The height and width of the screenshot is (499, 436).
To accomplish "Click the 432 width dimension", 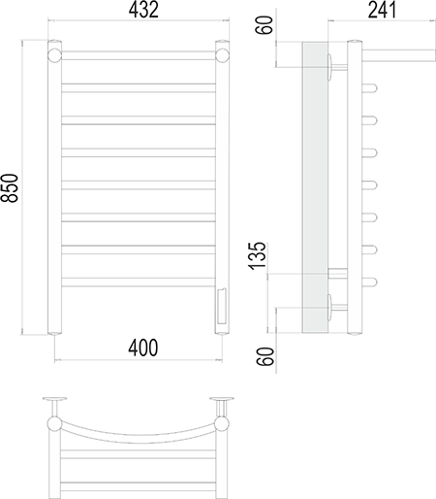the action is click(143, 10).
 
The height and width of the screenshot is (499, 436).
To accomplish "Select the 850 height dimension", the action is click(9, 188).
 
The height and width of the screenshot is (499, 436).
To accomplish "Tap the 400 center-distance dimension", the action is click(143, 348).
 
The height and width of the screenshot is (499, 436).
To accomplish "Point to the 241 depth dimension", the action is click(382, 10).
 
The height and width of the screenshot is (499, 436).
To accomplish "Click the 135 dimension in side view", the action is click(258, 255).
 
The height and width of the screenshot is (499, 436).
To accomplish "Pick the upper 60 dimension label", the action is click(265, 24).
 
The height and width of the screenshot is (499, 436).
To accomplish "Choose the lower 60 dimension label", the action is click(265, 356).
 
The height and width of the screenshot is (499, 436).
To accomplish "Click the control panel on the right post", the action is click(222, 306).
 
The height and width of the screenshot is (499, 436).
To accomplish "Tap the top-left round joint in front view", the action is click(54, 55).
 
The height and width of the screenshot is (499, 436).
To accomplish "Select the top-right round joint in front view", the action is click(222, 55).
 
